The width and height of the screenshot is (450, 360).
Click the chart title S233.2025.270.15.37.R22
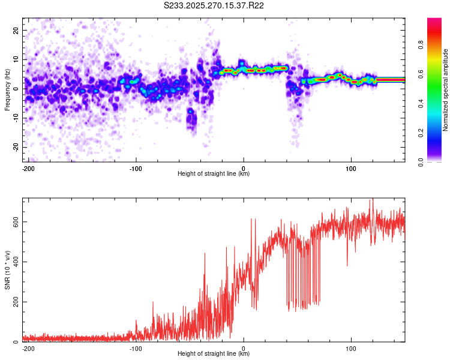click(x=214, y=5)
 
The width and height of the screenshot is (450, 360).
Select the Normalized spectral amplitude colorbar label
click(x=445, y=90)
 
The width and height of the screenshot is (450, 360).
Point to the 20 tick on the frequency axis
click(x=16, y=30)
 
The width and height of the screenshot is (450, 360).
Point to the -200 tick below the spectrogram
click(x=27, y=168)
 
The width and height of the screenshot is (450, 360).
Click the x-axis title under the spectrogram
click(x=214, y=174)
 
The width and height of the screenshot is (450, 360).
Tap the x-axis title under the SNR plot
click(x=214, y=354)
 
